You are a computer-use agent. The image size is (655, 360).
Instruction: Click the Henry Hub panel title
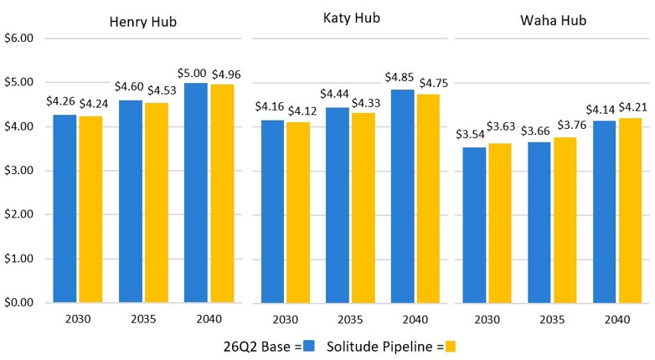pyautogui.click(x=143, y=22)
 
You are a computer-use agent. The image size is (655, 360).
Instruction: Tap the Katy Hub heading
pyautogui.click(x=352, y=18)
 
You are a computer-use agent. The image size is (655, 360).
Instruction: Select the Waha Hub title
pyautogui.click(x=553, y=20)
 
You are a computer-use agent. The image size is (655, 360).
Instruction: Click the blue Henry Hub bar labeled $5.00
pyautogui.click(x=196, y=193)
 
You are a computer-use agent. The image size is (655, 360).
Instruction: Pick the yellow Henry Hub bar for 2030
pyautogui.click(x=90, y=209)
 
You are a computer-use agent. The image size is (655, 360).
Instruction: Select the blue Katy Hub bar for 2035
pyautogui.click(x=338, y=205)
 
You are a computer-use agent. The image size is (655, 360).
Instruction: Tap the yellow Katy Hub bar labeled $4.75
pyautogui.click(x=428, y=198)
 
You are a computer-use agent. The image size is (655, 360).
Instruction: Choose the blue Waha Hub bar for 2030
pyautogui.click(x=475, y=225)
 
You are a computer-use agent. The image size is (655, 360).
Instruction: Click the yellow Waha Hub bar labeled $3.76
pyautogui.click(x=565, y=220)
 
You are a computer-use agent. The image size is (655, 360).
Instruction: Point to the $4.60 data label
pyautogui.click(x=129, y=87)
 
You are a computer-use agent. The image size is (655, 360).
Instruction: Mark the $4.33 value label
pyautogui.click(x=366, y=103)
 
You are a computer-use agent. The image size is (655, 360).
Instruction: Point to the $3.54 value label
pyautogui.click(x=470, y=135)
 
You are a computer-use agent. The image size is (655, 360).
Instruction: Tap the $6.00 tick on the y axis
pyautogui.click(x=18, y=38)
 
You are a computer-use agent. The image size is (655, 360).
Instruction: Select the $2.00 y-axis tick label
pyautogui.click(x=18, y=214)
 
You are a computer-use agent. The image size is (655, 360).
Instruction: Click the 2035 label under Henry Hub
pyautogui.click(x=143, y=320)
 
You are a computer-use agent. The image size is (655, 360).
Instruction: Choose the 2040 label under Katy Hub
pyautogui.click(x=415, y=320)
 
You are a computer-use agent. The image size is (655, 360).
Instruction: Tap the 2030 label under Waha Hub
pyautogui.click(x=487, y=320)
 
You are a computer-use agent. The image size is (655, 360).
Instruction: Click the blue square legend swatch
pyautogui.click(x=309, y=347)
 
